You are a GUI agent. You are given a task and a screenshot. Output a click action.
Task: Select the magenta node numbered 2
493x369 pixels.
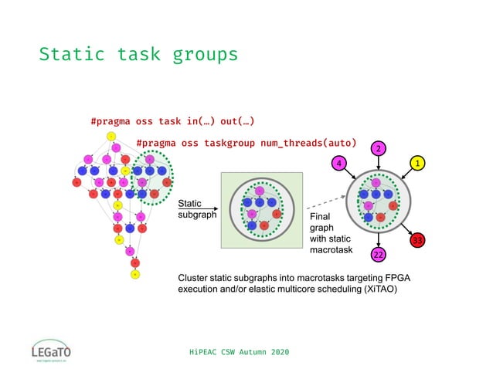378,147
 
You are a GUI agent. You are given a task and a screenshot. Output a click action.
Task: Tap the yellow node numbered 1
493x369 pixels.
418,164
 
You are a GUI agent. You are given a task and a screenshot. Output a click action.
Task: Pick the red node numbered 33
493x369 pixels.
418,240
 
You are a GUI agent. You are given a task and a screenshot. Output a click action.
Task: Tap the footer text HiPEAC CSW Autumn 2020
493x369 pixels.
240,352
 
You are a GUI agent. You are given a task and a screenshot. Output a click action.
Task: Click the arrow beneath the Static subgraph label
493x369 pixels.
195,209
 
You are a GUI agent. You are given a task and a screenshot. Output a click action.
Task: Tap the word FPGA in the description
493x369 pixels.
369,276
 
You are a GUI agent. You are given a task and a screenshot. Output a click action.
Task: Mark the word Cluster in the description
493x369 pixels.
195,276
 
